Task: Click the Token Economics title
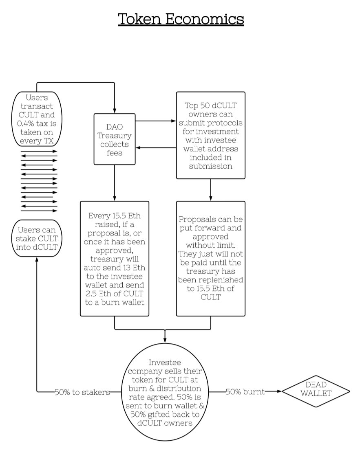[x=181, y=19]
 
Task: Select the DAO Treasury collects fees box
[x=115, y=139]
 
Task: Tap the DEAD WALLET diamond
[x=316, y=391]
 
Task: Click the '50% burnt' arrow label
[x=245, y=392]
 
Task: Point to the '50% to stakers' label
[x=82, y=392]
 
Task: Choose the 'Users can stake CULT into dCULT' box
[x=37, y=238]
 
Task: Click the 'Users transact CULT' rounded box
[x=37, y=119]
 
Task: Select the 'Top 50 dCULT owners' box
[x=210, y=135]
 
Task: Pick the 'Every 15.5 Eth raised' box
[x=115, y=258]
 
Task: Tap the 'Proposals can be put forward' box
[x=210, y=258]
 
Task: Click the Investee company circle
[x=165, y=392]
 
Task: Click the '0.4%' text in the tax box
[x=25, y=123]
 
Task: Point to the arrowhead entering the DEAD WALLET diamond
[x=279, y=391]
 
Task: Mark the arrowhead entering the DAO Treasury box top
[x=115, y=111]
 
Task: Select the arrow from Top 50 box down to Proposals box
[x=210, y=190]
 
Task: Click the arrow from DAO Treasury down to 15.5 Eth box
[x=115, y=183]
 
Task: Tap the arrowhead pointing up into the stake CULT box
[x=37, y=259]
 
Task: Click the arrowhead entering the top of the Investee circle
[x=165, y=341]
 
